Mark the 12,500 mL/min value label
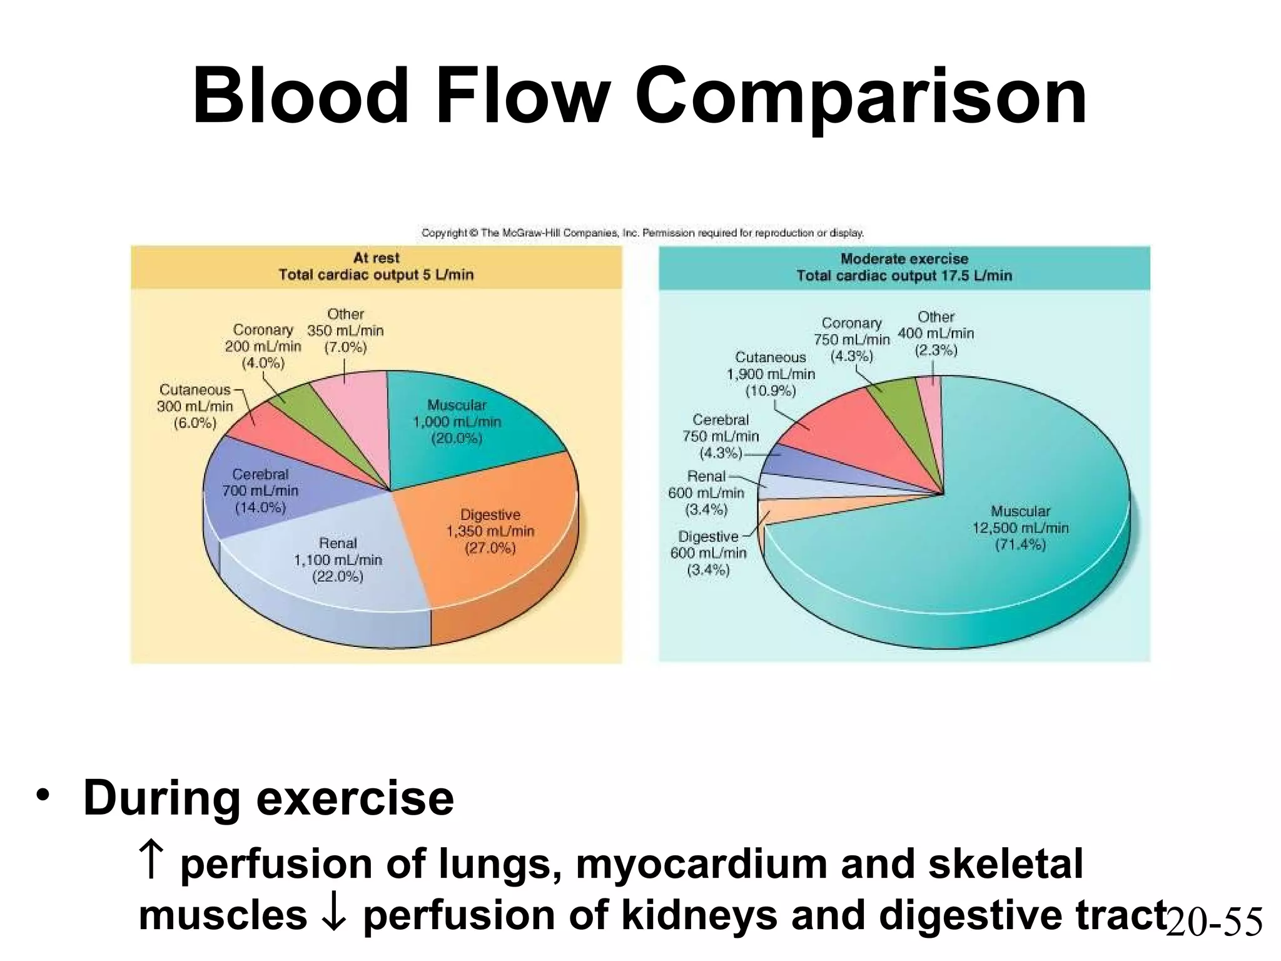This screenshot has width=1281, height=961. [x=1020, y=528]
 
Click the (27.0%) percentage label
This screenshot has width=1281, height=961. [x=490, y=549]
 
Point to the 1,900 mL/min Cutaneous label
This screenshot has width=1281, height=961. [x=771, y=374]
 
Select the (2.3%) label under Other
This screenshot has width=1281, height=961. [x=936, y=350]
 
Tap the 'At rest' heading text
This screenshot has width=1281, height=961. [x=376, y=258]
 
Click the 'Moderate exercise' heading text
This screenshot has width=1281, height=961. [x=904, y=258]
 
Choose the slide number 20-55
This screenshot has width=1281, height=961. [x=1214, y=922]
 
